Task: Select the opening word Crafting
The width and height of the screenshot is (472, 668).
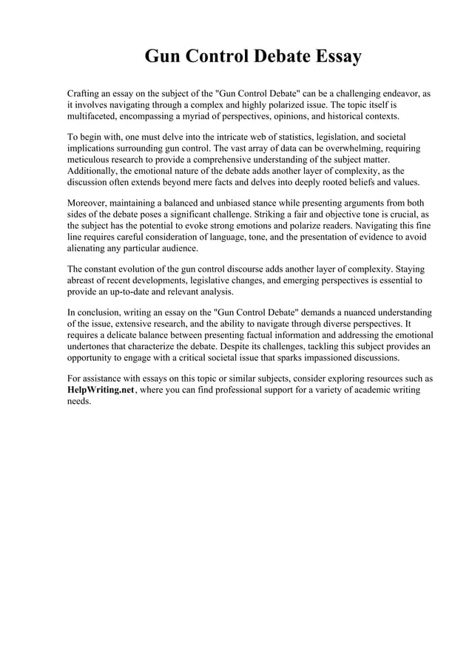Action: pos(85,95)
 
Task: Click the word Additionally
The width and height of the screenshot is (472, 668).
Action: pos(95,171)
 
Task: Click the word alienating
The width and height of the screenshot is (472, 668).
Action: pos(90,248)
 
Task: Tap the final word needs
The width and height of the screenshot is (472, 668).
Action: pos(79,401)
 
